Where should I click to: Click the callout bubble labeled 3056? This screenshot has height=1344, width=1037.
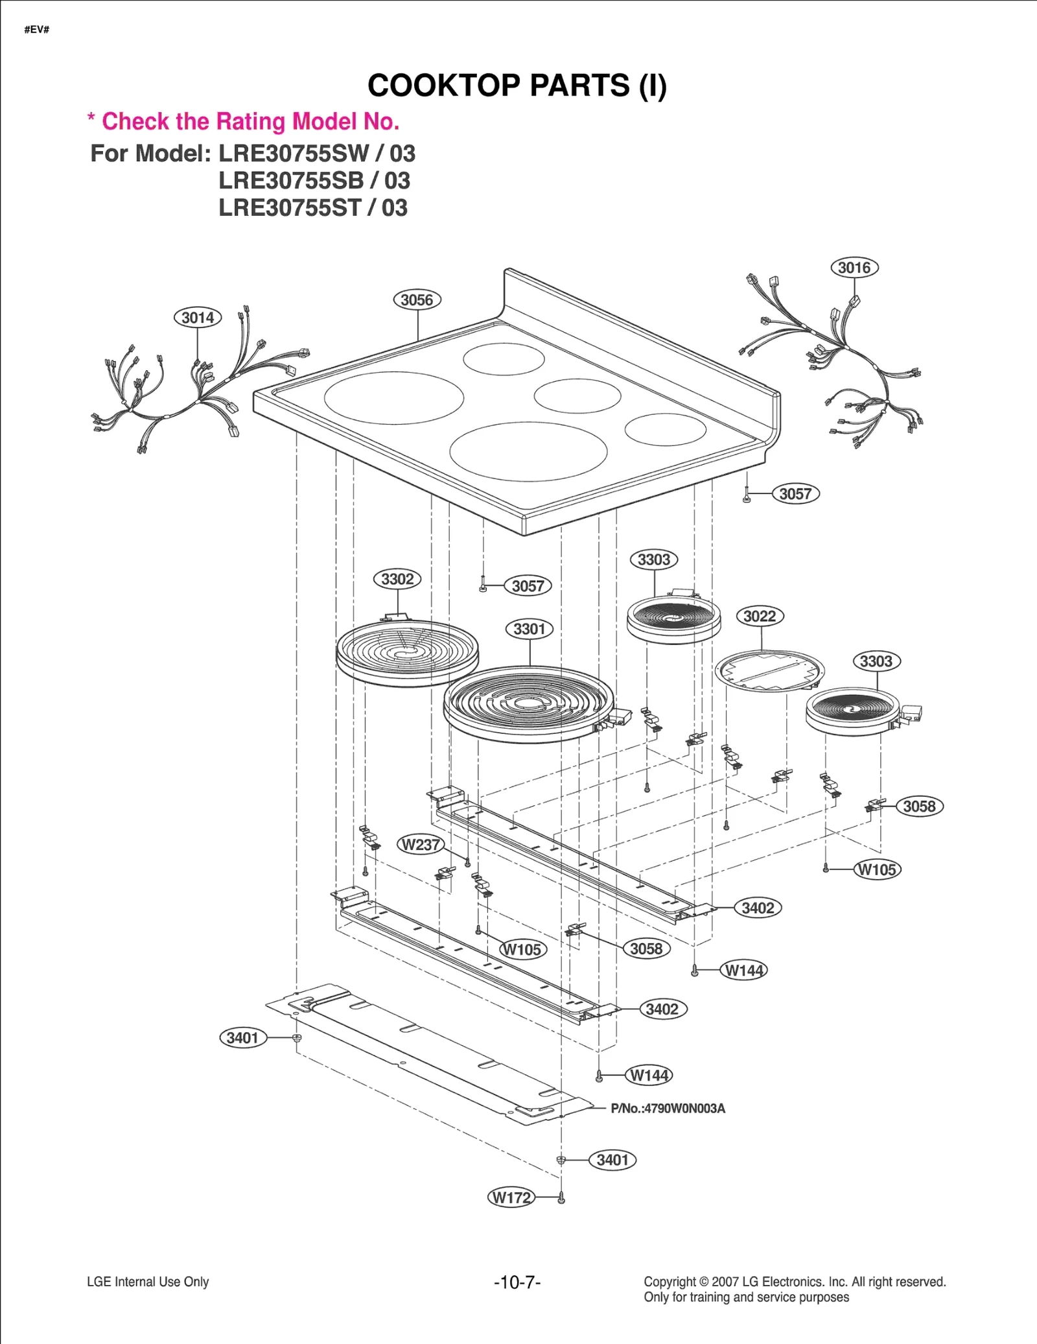coord(417,300)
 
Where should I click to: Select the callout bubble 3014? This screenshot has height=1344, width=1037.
coord(198,318)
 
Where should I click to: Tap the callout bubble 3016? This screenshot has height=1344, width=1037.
coord(854,268)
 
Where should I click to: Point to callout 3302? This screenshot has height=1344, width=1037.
coord(397,579)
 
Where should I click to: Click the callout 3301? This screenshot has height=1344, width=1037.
coord(529,629)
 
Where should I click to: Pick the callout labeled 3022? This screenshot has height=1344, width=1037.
coord(760,616)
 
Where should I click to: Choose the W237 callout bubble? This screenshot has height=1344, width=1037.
coord(421,845)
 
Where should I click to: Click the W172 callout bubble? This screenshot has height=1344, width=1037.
coord(511,1197)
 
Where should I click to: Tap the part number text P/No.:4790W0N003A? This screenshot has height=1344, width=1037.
coord(668,1109)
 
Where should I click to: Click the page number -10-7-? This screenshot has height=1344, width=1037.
coord(517,1282)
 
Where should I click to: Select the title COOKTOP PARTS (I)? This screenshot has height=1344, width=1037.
coord(517,86)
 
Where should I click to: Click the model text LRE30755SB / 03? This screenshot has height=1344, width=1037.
coord(314,181)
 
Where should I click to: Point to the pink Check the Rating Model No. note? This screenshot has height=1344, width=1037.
coord(244,121)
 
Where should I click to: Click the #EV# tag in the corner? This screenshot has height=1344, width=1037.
coord(37,30)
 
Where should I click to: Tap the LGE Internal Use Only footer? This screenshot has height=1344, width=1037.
coord(148,1282)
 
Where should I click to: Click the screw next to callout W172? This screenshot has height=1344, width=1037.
coord(561,1199)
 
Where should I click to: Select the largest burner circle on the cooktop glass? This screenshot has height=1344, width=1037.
coord(528,452)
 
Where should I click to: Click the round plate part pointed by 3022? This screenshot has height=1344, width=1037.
coord(769,671)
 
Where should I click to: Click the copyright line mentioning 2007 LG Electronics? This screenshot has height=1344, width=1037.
coord(795,1282)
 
